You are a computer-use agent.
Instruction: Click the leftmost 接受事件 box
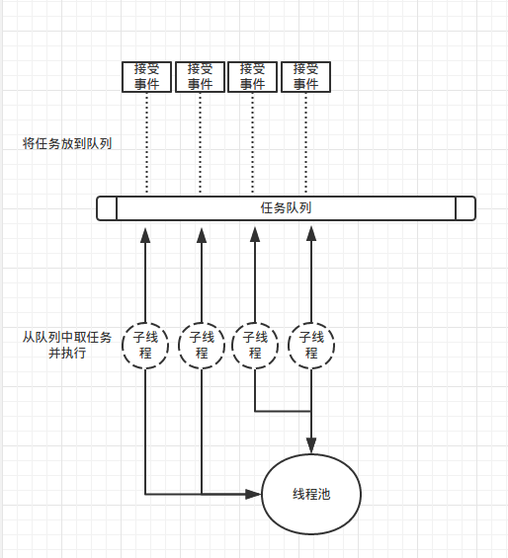[x=147, y=76]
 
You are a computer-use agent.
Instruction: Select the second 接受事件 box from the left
[x=201, y=76]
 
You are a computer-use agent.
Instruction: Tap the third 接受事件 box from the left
[x=253, y=76]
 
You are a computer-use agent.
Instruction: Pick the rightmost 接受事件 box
[x=305, y=76]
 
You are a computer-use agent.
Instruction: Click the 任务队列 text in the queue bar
[x=287, y=208]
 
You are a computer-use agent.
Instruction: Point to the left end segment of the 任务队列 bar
[x=107, y=208]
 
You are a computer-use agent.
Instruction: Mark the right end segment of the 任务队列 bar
[x=466, y=208]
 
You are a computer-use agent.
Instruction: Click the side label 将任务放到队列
[x=67, y=143]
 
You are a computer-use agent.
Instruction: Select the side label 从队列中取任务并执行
[x=67, y=345]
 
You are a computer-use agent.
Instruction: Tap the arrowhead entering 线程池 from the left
[x=254, y=494]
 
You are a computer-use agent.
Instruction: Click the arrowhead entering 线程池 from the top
[x=312, y=442]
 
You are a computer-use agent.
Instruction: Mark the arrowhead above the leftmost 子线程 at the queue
[x=145, y=234]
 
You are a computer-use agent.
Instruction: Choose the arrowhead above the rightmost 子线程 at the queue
[x=312, y=234]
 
